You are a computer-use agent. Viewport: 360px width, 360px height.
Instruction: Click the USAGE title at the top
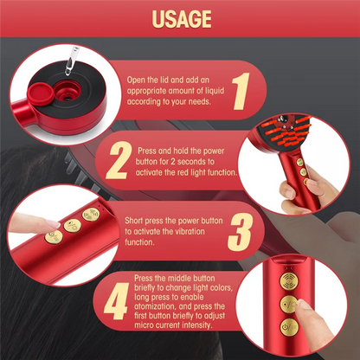[x=180, y=18]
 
